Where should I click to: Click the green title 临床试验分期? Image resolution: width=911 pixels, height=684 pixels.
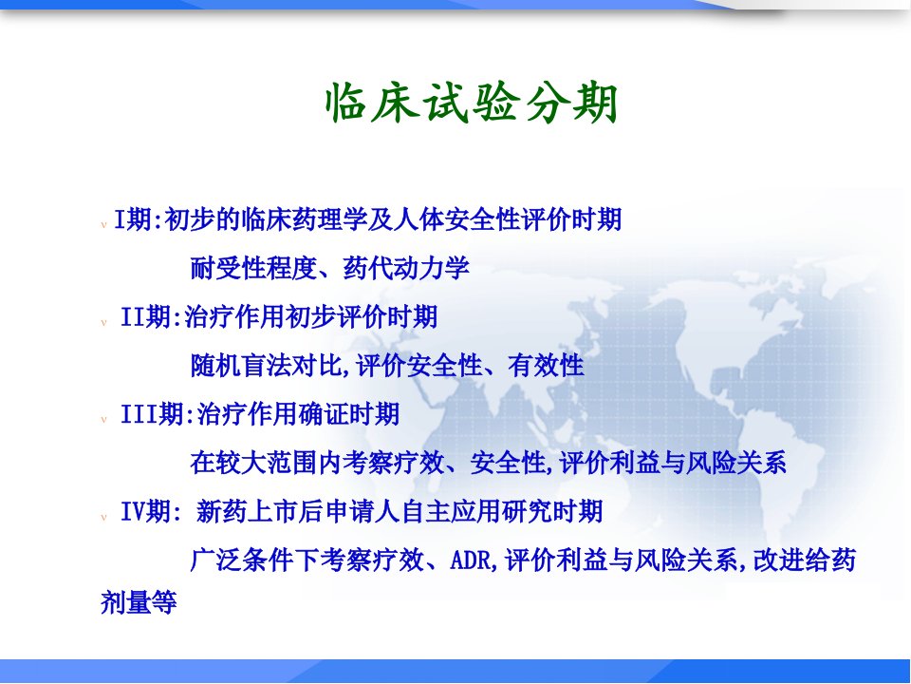(472, 104)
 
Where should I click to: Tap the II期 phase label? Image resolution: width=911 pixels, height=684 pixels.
(145, 317)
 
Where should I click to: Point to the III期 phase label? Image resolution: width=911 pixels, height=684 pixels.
(152, 415)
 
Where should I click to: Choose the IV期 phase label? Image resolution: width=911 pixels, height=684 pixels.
(145, 512)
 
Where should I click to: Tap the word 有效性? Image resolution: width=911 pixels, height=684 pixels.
(546, 366)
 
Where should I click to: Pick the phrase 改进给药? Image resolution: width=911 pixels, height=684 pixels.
(805, 560)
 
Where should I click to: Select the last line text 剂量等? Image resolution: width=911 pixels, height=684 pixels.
(139, 602)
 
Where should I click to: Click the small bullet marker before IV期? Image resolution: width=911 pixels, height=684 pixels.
(104, 517)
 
